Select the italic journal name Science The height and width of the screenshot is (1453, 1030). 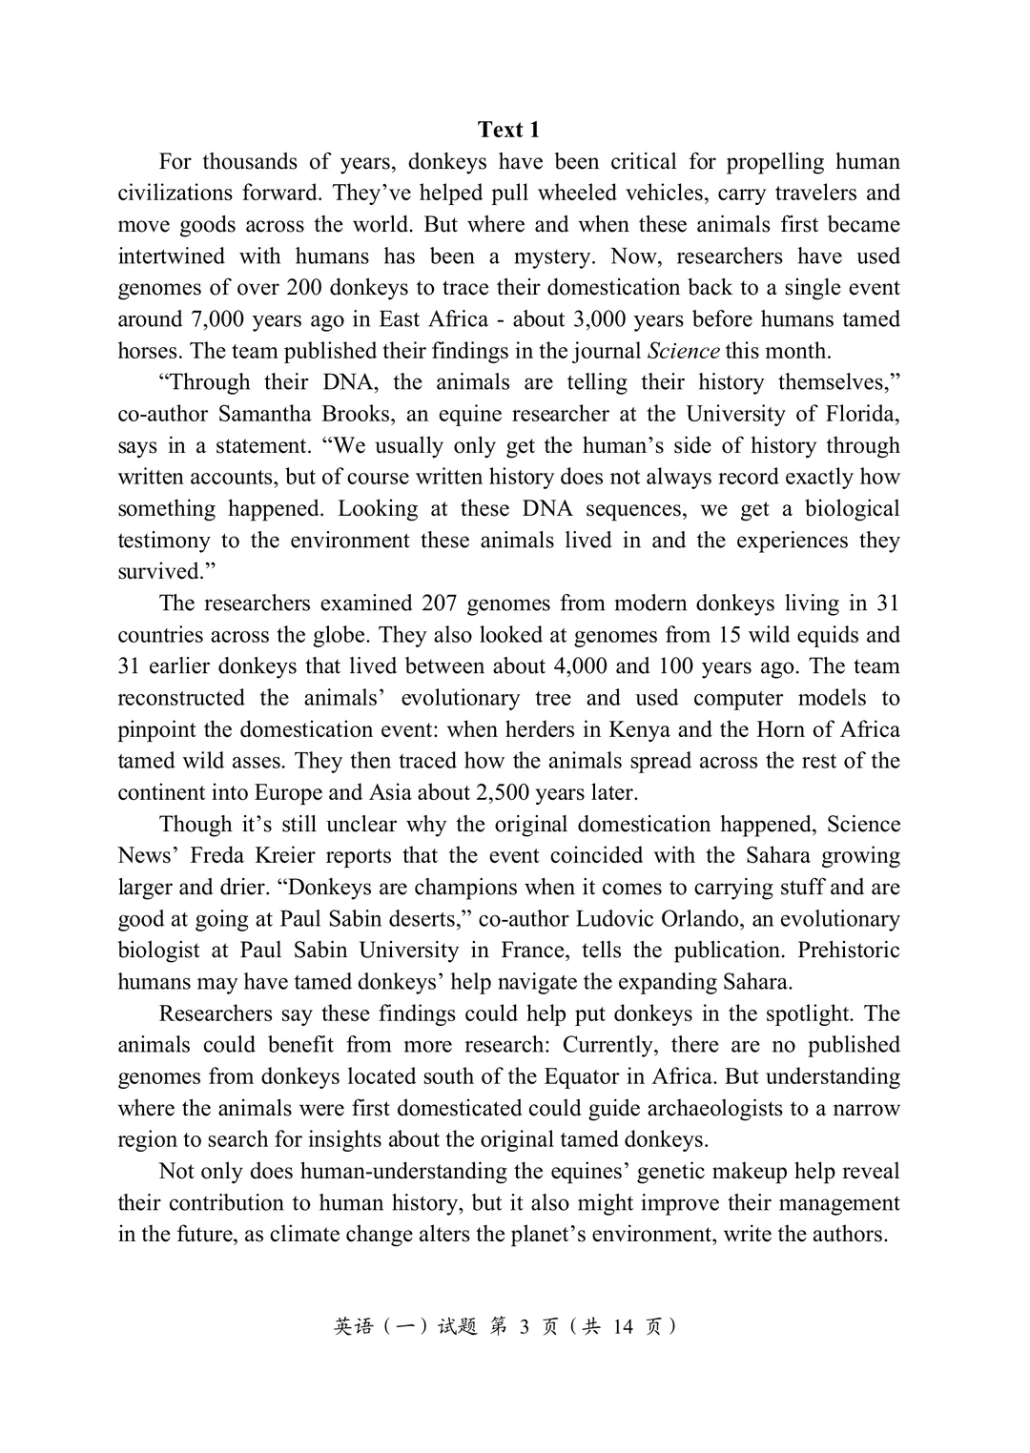(x=684, y=351)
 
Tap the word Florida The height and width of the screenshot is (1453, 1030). (x=857, y=414)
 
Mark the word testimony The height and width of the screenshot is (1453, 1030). (x=163, y=541)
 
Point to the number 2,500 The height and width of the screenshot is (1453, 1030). (x=497, y=792)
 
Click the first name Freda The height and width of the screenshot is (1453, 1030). (x=218, y=855)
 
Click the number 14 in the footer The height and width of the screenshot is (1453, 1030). (x=623, y=1326)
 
